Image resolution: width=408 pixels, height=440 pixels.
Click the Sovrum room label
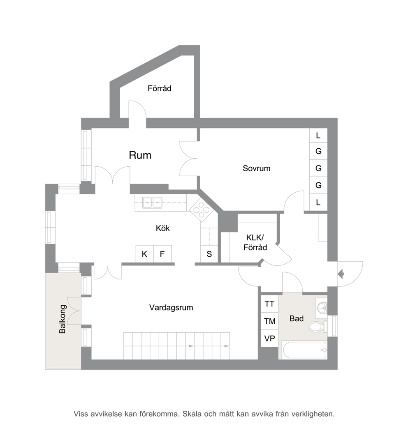point(256,168)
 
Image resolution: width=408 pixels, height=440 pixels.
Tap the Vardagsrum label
point(171,308)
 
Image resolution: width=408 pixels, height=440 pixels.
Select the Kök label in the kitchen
point(163,228)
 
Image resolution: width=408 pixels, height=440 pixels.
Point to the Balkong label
point(62,319)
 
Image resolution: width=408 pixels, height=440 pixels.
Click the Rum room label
point(140,155)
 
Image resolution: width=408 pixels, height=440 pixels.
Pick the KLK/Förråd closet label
point(255,242)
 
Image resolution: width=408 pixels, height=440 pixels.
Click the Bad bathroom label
point(297,318)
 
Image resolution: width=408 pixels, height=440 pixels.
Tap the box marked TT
point(269,304)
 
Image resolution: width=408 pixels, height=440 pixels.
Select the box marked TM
point(269,321)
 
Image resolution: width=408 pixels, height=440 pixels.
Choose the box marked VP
point(269,339)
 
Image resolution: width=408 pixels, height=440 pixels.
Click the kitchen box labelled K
point(144,254)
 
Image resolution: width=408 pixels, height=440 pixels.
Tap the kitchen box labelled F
point(162,254)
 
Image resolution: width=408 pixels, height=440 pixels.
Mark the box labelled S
point(209,254)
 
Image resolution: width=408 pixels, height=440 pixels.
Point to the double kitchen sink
point(152,203)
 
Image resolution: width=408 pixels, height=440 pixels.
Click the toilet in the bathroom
point(318,327)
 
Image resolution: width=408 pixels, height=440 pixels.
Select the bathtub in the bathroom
point(305,350)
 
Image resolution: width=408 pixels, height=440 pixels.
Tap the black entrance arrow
point(341,274)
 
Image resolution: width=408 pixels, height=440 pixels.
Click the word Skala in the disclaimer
point(192,414)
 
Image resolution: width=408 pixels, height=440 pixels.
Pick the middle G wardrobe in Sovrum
point(318,168)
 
